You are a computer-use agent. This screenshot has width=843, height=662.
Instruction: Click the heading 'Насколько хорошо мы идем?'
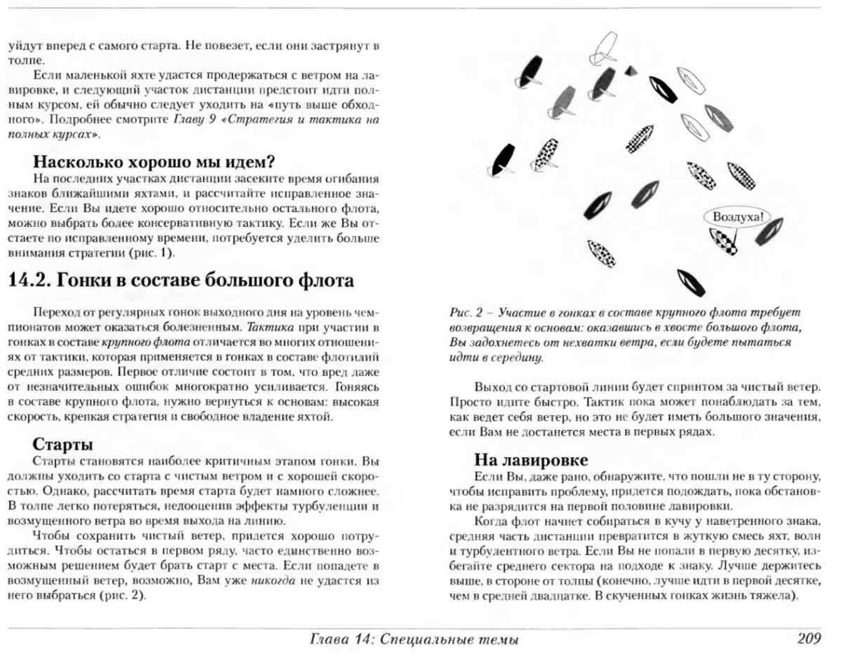click(154, 162)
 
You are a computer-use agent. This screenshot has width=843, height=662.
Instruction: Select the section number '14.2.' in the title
click(30, 280)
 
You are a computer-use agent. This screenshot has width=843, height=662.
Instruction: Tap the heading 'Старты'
click(62, 444)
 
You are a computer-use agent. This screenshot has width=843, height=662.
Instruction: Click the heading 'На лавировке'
click(531, 460)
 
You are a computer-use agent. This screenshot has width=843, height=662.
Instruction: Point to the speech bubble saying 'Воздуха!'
click(738, 217)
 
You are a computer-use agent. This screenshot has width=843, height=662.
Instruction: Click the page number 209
click(809, 638)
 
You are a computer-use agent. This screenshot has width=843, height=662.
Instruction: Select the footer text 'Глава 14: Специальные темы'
click(414, 639)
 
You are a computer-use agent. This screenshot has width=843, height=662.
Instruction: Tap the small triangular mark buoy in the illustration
click(630, 70)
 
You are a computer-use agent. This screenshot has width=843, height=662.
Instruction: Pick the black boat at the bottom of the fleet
click(691, 283)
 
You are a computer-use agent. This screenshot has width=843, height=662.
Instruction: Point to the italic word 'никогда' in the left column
click(273, 580)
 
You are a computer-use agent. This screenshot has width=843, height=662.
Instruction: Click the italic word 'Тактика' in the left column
click(270, 328)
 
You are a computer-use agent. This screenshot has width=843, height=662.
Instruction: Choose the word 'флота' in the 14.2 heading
click(325, 280)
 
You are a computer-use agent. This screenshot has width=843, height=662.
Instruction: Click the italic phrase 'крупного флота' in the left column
click(146, 342)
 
